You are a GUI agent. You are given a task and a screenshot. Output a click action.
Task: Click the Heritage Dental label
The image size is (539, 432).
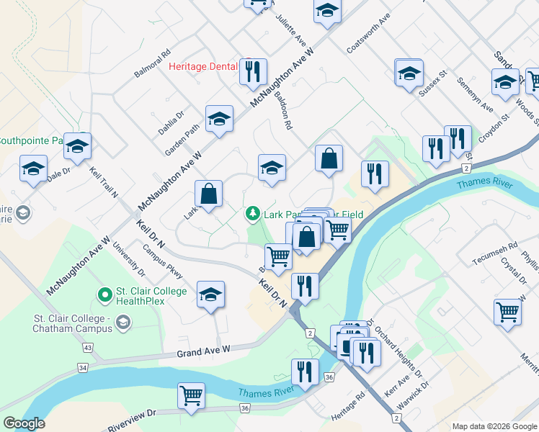click(202, 67)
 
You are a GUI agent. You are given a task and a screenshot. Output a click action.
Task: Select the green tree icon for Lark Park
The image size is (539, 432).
click(252, 213)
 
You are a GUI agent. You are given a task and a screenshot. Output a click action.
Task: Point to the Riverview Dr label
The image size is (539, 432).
click(132, 415)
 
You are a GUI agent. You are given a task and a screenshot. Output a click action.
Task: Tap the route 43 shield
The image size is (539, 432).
click(88, 348)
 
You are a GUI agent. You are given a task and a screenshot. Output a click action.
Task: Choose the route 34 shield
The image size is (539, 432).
click(83, 368)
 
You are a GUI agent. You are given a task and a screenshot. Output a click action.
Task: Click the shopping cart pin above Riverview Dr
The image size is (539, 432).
click(191, 395)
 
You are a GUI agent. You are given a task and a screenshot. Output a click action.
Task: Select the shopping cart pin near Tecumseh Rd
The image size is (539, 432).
click(508, 312)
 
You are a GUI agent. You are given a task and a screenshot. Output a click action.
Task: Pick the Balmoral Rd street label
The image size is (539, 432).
click(152, 64)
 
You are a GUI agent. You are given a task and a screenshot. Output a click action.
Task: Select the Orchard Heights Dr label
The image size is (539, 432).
click(396, 348)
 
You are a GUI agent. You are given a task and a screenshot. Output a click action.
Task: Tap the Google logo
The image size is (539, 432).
click(24, 423)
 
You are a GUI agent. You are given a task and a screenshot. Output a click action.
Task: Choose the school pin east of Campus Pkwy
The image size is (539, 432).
click(210, 294)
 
